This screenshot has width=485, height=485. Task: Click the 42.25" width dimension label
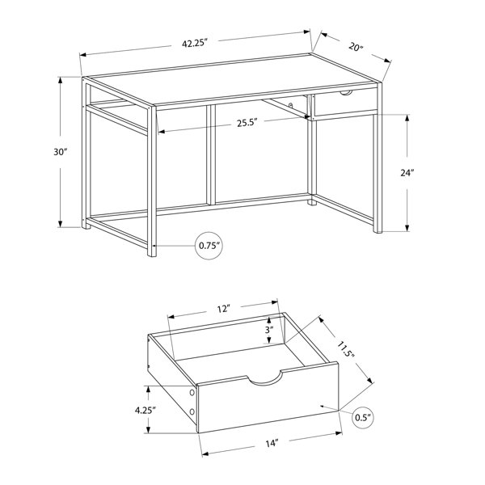click(194, 43)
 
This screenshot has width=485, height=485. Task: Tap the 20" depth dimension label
click(356, 47)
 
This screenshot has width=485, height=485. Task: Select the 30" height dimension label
click(61, 152)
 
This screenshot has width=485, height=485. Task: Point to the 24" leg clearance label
click(407, 173)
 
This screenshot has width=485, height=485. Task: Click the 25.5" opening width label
click(247, 123)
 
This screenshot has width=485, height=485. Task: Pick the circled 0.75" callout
click(209, 246)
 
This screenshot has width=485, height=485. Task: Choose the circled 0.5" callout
click(363, 418)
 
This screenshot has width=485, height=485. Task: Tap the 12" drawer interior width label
click(224, 309)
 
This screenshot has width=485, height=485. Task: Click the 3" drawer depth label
click(269, 330)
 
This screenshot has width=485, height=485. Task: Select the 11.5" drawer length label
click(346, 349)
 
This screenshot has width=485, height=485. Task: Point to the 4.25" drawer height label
click(145, 411)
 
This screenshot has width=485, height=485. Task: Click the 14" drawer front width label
click(272, 443)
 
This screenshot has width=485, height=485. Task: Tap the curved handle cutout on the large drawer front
click(265, 382)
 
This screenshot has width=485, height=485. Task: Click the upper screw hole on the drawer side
click(192, 393)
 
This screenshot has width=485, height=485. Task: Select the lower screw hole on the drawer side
click(192, 411)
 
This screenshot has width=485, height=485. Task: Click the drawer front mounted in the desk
click(345, 103)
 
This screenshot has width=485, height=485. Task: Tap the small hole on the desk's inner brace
click(291, 106)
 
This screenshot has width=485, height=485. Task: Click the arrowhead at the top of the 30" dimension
click(61, 80)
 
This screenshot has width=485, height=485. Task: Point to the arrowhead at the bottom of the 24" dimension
click(407, 227)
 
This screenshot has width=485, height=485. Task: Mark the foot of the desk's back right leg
click(312, 203)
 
